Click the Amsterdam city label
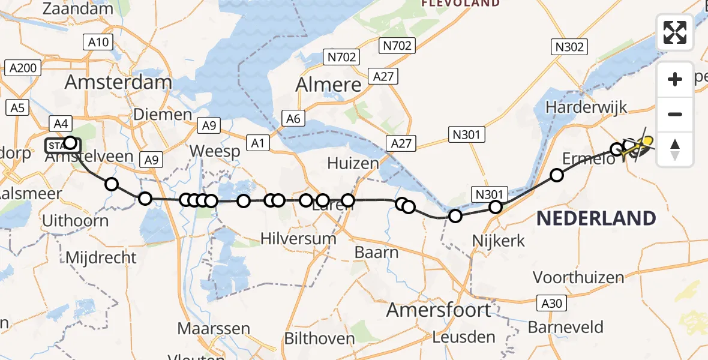coord(118,82)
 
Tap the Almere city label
coord(329,85)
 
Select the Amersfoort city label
coord(438,310)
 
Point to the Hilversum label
coord(298,238)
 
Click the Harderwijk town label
coord(586,107)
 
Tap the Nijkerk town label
coord(499,241)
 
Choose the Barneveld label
coord(566,327)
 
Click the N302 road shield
coord(569,47)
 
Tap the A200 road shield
coord(23,68)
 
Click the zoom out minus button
coord(675,114)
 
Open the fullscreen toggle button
coord(675,32)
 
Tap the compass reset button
coord(675,149)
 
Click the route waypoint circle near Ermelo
coord(557,175)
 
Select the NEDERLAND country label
coord(596,218)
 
